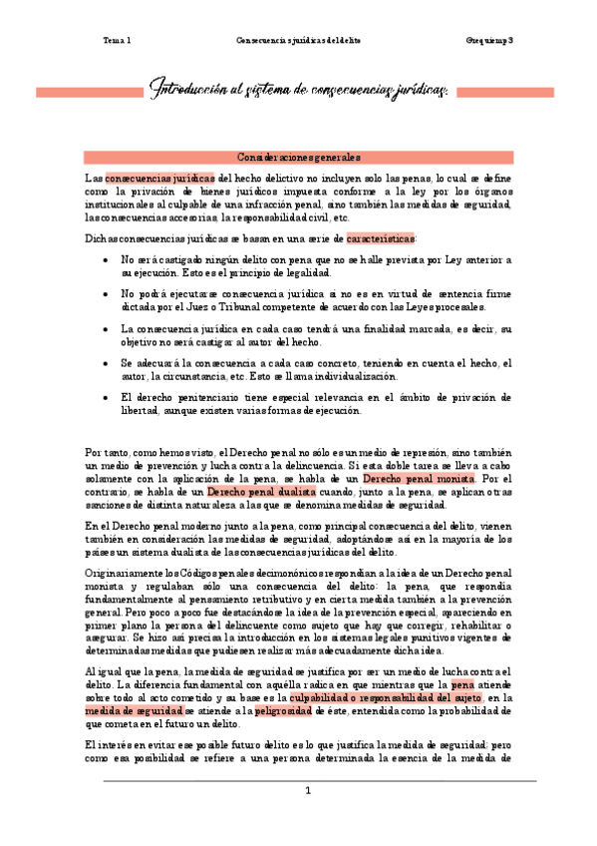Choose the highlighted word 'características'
click(x=382, y=239)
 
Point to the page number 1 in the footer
click(x=309, y=791)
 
